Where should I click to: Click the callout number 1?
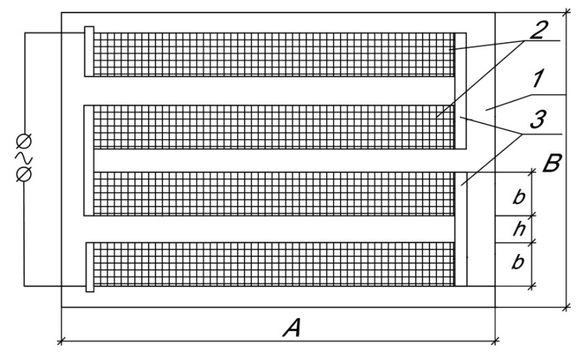[538, 79]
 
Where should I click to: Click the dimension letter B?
[552, 163]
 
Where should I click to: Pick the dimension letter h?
[519, 229]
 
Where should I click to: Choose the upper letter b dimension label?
[518, 196]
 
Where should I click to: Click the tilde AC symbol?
[24, 158]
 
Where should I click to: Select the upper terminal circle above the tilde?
[24, 141]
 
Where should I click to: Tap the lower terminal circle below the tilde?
[24, 174]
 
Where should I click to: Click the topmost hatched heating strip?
[274, 55]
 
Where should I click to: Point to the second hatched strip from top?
[274, 127]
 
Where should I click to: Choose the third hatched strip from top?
[274, 194]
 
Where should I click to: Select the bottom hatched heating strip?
[274, 264]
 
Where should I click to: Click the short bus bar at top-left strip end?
[89, 52]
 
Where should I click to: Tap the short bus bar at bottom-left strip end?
[90, 267]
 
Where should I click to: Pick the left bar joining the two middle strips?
[89, 160]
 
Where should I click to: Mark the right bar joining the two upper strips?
[460, 91]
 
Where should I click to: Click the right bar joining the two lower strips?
[461, 228]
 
